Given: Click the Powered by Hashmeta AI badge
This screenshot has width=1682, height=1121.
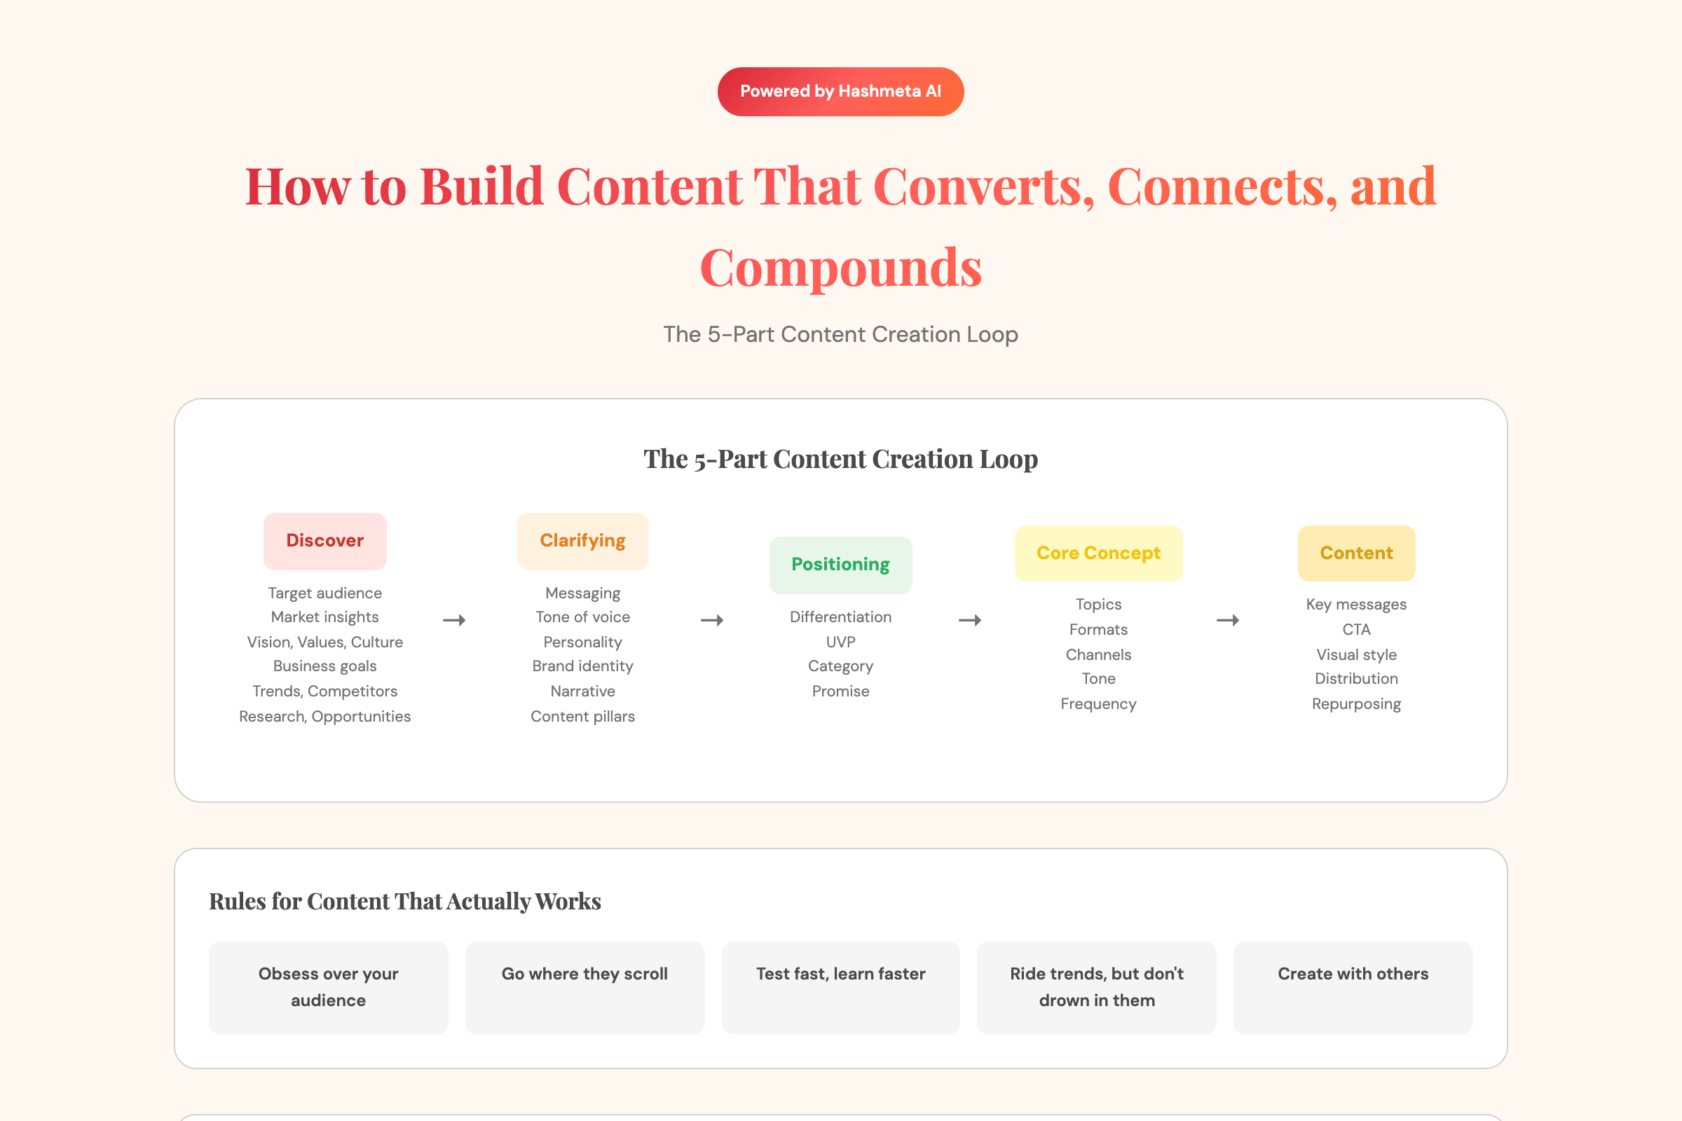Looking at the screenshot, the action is pyautogui.click(x=840, y=92).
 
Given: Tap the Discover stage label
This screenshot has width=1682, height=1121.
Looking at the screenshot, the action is pyautogui.click(x=324, y=541).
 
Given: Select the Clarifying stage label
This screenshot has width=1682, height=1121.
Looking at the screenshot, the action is pyautogui.click(x=583, y=541).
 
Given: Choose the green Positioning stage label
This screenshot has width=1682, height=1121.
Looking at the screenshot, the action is pyautogui.click(x=840, y=565).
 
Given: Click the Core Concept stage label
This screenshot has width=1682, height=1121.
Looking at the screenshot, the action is pyautogui.click(x=1098, y=553).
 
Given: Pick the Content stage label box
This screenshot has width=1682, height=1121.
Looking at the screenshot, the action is pyautogui.click(x=1356, y=553).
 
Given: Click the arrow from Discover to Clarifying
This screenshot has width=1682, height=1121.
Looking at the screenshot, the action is pyautogui.click(x=454, y=621).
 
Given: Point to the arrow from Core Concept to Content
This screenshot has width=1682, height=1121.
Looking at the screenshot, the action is pyautogui.click(x=1228, y=621).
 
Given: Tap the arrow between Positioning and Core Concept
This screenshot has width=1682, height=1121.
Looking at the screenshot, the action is pyautogui.click(x=970, y=621).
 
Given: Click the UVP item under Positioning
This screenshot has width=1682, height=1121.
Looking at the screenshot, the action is pyautogui.click(x=840, y=642).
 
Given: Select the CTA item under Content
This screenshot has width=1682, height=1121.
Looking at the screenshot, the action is pyautogui.click(x=1356, y=630).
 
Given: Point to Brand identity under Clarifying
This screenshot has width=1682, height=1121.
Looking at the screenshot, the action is pyautogui.click(x=583, y=666).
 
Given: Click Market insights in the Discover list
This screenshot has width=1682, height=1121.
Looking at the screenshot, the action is pyautogui.click(x=324, y=617).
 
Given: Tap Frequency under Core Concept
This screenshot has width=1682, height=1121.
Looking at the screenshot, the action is pyautogui.click(x=1098, y=704).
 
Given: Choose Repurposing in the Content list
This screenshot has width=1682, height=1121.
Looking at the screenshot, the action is pyautogui.click(x=1356, y=704).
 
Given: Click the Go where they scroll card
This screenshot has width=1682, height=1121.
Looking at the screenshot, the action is pyautogui.click(x=585, y=987).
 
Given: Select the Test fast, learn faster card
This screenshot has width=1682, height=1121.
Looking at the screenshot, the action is pyautogui.click(x=840, y=987).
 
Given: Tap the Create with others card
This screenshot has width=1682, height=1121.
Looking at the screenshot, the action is pyautogui.click(x=1353, y=987).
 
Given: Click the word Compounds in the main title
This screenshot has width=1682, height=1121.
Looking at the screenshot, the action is pyautogui.click(x=840, y=268).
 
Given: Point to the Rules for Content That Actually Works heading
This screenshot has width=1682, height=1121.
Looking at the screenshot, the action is pyautogui.click(x=405, y=902).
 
